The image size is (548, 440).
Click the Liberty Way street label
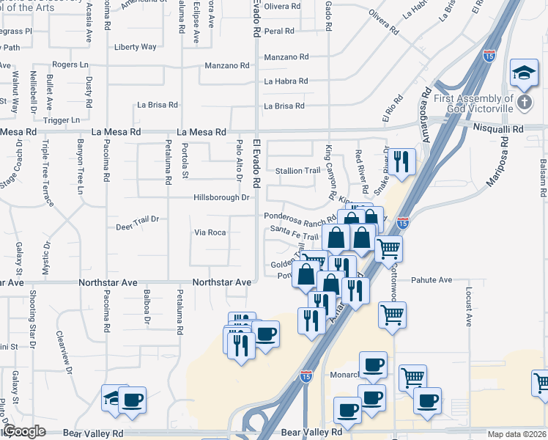coord(136,47)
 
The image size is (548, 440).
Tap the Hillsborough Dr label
coord(221,197)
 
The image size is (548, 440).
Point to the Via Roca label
coord(210,232)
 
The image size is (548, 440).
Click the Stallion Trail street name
coord(297,171)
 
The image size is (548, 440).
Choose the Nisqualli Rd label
coord(498,129)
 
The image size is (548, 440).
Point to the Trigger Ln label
coord(62,120)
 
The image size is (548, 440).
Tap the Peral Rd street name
coord(279,32)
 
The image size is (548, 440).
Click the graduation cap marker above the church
coord(525,72)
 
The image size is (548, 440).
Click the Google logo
coord(25,432)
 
